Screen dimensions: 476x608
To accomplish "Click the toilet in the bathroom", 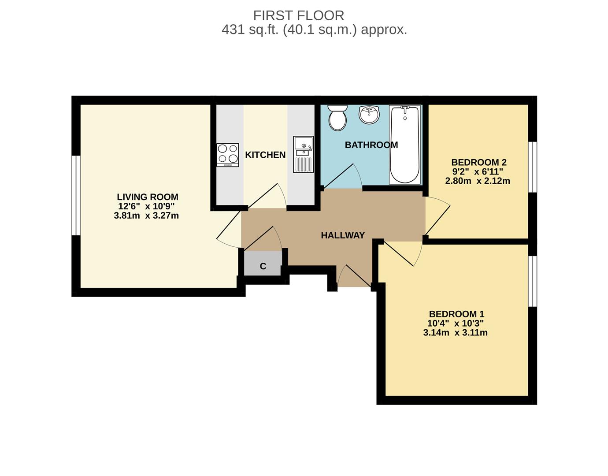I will [338, 118].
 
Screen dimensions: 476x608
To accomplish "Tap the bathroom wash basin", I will [369, 115].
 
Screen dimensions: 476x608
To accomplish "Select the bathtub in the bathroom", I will [404, 145].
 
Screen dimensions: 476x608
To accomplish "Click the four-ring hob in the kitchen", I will [227, 155].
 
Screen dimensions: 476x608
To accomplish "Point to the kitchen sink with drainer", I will [303, 154].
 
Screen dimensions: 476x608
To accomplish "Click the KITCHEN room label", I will [265, 155].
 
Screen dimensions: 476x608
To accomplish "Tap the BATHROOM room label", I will [371, 145].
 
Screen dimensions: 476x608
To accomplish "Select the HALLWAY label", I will [343, 235].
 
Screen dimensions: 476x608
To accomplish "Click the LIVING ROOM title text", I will [147, 197].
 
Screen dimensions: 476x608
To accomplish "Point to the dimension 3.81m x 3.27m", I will [146, 216].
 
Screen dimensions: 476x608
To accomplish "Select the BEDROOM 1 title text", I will [456, 314].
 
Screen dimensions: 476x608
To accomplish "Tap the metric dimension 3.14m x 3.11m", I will [455, 333].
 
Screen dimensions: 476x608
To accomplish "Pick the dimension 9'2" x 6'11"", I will [478, 171].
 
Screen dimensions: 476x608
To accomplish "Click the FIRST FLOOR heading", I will [298, 15].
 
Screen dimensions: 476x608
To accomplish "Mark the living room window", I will [76, 195].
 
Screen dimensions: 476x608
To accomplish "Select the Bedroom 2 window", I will [533, 167].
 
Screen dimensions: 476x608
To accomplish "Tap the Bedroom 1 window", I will [533, 281].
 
